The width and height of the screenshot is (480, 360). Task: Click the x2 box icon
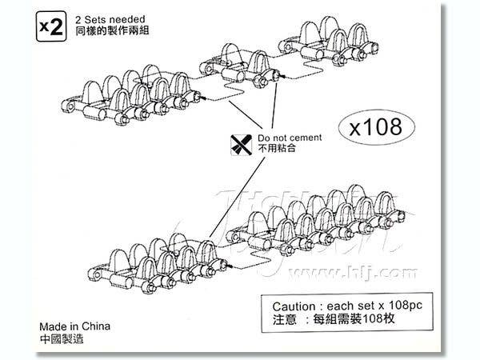pos(50,26)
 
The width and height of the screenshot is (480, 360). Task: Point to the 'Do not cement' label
pos(289,138)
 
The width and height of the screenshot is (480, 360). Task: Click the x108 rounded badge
pos(381,127)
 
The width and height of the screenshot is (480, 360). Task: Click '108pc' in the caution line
pos(405,306)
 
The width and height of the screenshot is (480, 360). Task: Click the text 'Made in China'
pos(74,327)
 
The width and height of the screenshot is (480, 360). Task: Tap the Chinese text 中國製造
pos(60,339)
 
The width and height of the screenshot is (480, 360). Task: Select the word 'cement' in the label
pos(305,138)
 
